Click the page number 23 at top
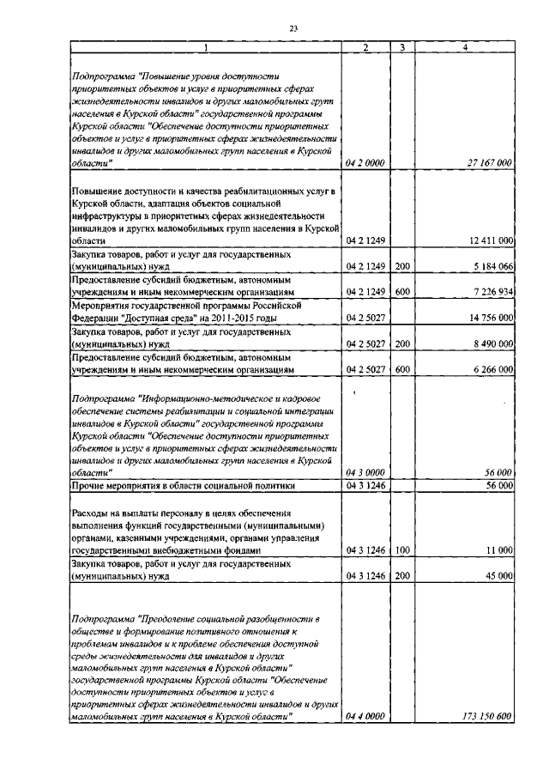point(293,28)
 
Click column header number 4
point(465,47)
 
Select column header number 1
point(206,47)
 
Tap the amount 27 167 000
point(490,162)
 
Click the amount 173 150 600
point(488,715)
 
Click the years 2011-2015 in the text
point(234,318)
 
